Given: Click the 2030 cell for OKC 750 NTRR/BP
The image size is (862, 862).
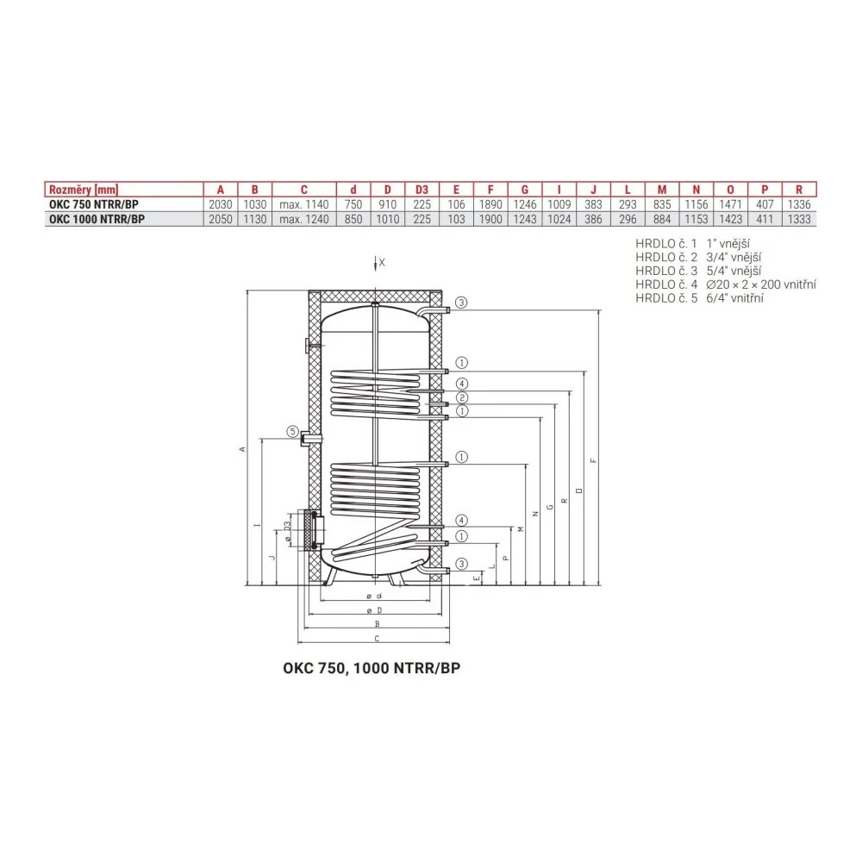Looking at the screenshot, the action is click(x=221, y=204).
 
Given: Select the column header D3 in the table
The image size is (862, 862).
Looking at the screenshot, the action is click(x=422, y=190).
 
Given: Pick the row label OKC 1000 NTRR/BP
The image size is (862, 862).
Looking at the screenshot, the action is click(x=97, y=219).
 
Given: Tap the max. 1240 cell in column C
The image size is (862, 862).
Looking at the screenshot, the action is click(x=304, y=219).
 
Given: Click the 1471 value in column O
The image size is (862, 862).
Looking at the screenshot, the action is click(x=731, y=204).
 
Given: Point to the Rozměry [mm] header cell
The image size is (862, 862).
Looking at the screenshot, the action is click(x=84, y=190).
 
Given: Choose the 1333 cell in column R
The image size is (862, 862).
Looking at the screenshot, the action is click(x=799, y=219).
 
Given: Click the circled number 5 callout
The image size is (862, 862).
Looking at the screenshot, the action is click(x=293, y=432).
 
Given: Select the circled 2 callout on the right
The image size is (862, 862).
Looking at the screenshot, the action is click(x=462, y=397).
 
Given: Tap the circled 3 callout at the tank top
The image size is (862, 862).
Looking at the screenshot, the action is click(x=461, y=303).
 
